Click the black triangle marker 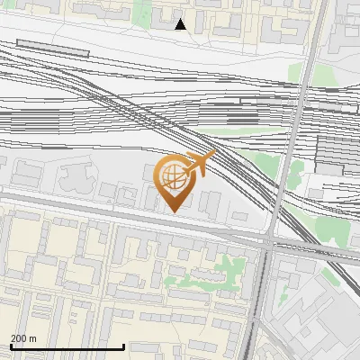(181, 24)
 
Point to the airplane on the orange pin (198, 164)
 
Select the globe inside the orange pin (173, 177)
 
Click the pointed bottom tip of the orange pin (173, 211)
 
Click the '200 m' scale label (23, 338)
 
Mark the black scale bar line (67, 346)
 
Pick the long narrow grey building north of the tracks (53, 48)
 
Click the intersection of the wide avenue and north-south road (269, 241)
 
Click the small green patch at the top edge (142, 11)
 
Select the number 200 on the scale (17, 338)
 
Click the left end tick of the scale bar (10, 346)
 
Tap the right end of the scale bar (123, 346)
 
